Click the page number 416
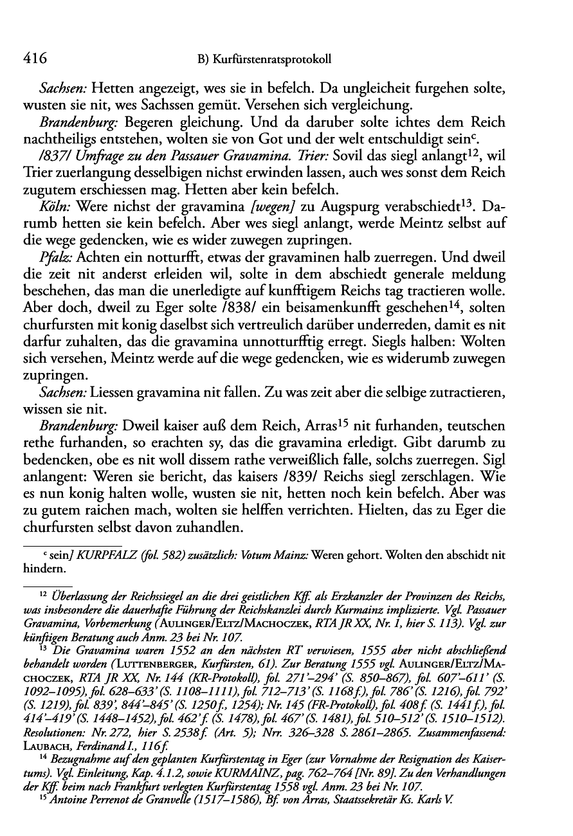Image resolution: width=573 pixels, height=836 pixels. click(35, 59)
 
